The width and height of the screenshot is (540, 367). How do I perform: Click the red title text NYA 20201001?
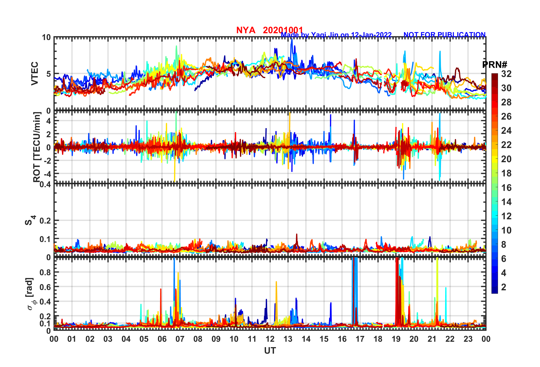[269, 30]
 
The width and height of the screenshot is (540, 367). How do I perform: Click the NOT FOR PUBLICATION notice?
[444, 35]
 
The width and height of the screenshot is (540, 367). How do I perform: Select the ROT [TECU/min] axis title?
[37, 147]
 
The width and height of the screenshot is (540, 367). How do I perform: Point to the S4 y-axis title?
[30, 220]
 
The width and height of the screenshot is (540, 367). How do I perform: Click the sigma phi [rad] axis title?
[30, 294]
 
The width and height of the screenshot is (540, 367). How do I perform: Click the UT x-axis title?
[270, 351]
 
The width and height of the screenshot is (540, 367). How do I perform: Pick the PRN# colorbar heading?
[495, 65]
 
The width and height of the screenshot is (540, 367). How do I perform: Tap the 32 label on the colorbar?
[506, 74]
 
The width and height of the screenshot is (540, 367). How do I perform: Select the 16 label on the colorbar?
[506, 187]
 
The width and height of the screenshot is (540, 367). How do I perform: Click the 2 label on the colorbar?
[504, 287]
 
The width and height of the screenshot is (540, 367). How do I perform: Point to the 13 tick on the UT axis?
[288, 339]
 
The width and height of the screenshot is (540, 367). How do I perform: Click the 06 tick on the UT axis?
[162, 339]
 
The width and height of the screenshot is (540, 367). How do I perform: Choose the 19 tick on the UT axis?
[396, 339]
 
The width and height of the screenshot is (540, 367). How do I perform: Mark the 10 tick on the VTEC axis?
[46, 37]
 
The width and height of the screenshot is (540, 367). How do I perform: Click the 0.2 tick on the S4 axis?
[45, 220]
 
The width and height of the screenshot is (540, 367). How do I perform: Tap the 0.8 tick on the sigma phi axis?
[45, 272]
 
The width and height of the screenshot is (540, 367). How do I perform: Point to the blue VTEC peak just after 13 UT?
[292, 40]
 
